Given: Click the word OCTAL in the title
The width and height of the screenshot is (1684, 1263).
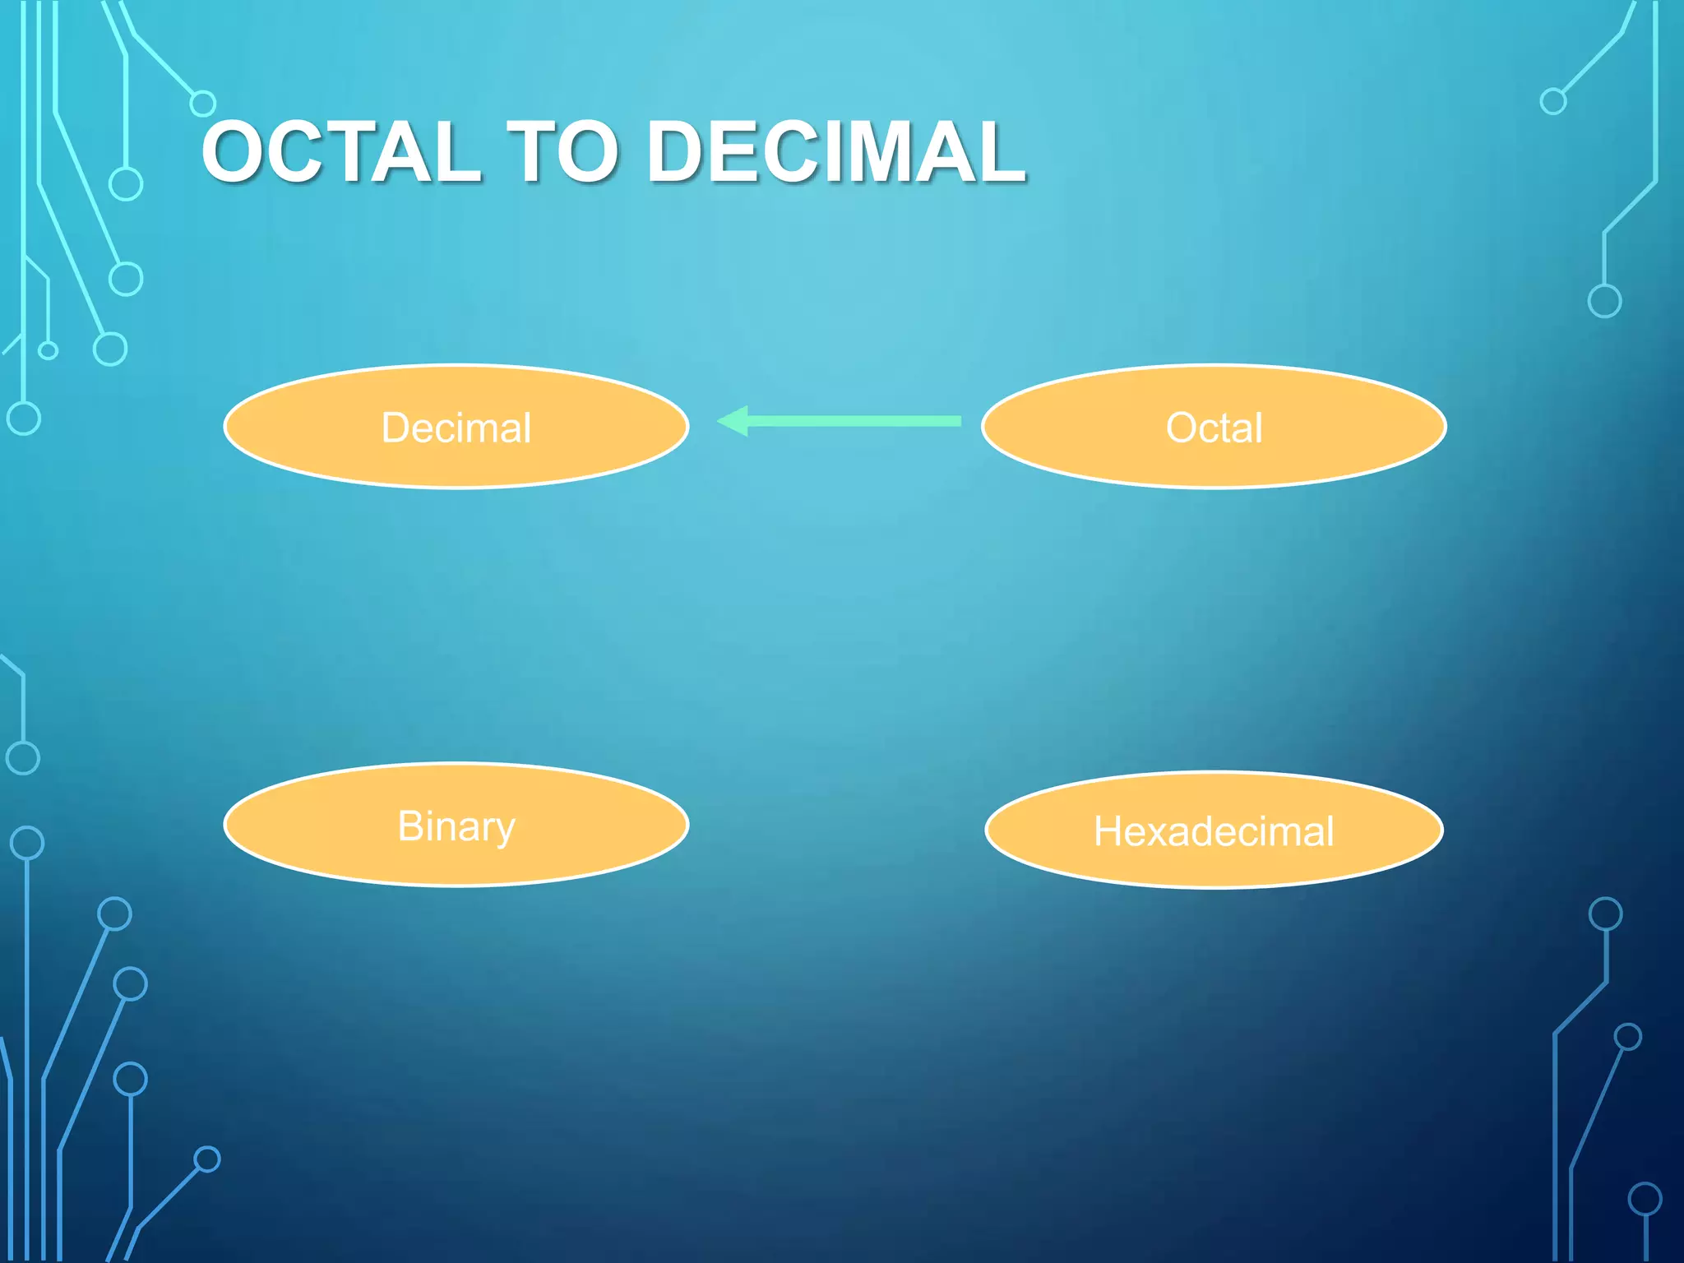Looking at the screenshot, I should coord(340,152).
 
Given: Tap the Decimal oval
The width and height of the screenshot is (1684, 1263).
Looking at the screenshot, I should coord(456,460).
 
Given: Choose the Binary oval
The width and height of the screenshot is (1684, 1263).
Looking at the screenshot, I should coord(456,859).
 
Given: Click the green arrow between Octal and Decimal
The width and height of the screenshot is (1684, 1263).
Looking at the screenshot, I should coord(847,421).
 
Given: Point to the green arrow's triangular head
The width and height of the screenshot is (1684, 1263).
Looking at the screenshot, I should coord(733,421).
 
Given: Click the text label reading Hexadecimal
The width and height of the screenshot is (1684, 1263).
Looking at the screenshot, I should coord(1214,831).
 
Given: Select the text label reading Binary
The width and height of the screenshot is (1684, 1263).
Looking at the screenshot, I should coord(456,826).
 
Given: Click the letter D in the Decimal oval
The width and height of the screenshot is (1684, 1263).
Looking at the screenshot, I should coord(396,428).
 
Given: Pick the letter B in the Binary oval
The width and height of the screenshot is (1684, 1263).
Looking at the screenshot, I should coord(410,826).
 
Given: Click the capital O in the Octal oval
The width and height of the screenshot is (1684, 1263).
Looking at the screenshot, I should coord(1182,428).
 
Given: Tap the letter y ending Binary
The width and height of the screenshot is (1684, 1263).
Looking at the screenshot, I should coord(503,830).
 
